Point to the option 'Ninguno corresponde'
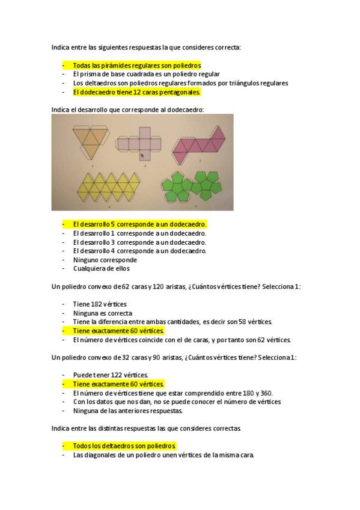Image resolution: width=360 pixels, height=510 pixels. click(105, 260)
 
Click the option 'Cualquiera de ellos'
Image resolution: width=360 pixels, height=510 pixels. click(101, 269)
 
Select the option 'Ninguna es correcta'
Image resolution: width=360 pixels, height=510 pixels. click(102, 313)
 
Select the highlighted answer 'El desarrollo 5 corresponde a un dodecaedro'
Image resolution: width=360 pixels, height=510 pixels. click(139, 224)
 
